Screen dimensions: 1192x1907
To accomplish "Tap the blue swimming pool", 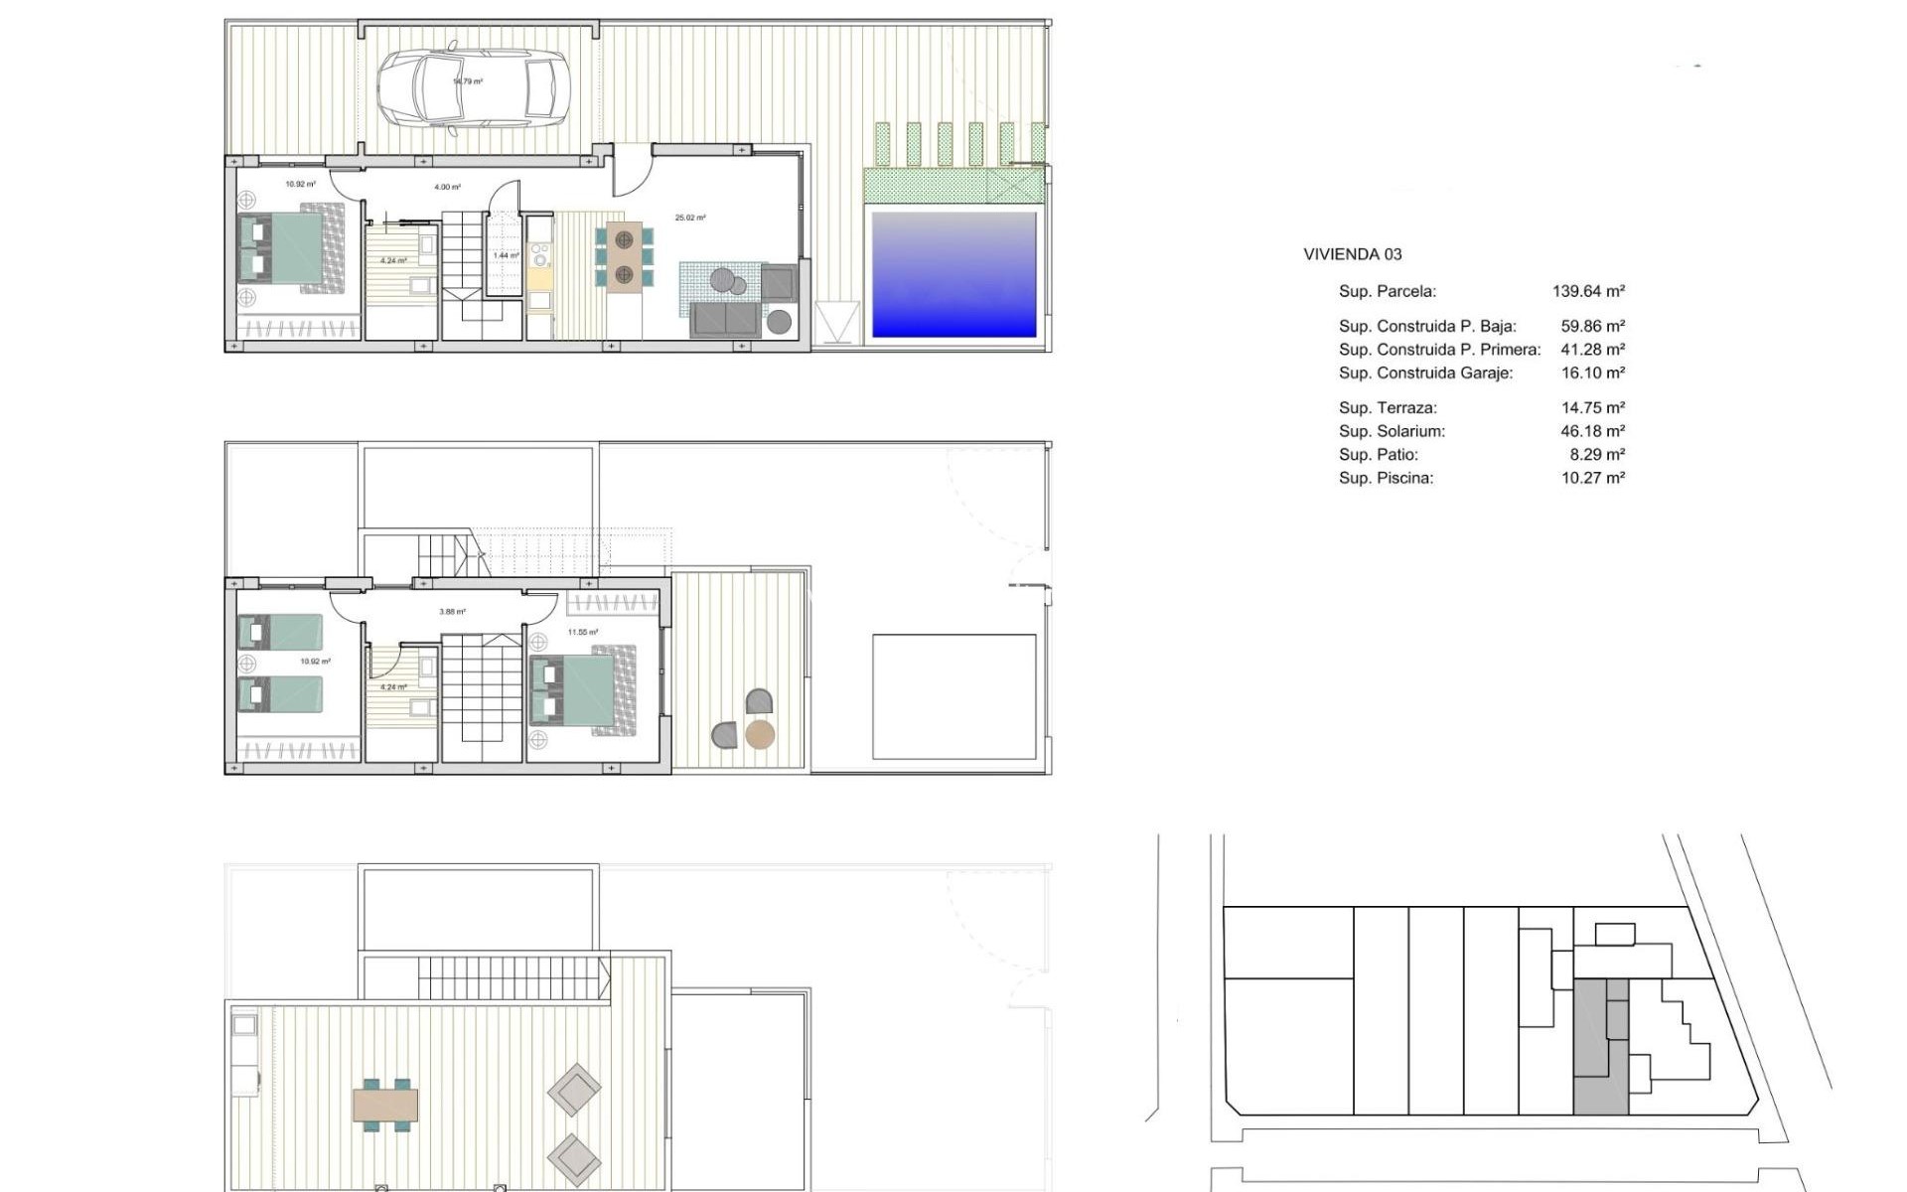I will [x=953, y=274].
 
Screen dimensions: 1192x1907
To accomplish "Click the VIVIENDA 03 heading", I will [x=1352, y=254].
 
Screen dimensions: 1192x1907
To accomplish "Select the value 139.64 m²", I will [x=1588, y=291].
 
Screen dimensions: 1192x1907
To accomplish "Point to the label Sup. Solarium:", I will [x=1392, y=431].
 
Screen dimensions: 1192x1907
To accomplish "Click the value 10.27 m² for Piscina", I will [x=1592, y=478].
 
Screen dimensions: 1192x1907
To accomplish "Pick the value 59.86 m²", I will [x=1592, y=326].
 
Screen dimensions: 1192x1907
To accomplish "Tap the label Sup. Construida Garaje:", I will [x=1425, y=373].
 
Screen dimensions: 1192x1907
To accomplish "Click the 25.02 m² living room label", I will [x=690, y=218].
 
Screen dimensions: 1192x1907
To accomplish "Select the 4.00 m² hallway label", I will [x=447, y=187].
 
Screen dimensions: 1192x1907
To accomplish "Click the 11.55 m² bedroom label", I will [x=583, y=632].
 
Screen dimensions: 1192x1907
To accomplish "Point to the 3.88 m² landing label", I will [x=452, y=612].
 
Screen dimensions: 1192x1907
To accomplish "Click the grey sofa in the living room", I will [x=726, y=320].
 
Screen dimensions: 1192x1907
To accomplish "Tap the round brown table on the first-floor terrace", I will [x=760, y=735].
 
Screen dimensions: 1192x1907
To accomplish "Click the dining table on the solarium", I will [x=385, y=1105].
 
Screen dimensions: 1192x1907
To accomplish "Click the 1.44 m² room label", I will [x=507, y=255].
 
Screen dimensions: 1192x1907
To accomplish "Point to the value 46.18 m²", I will [x=1592, y=431].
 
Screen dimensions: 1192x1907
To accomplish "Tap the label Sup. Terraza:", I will [x=1388, y=407].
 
